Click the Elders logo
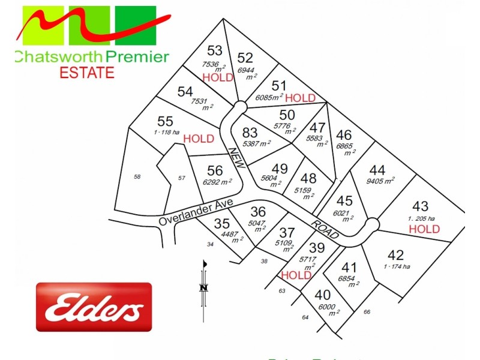[x=94, y=307]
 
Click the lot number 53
[x=214, y=50]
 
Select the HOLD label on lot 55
[x=199, y=139]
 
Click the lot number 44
[x=377, y=169]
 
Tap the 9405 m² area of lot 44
[x=381, y=181]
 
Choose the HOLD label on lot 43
[x=424, y=229]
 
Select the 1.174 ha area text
[x=397, y=266]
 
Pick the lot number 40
[x=322, y=295]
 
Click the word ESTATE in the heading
[x=86, y=73]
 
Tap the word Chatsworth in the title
[x=58, y=58]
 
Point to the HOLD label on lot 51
[x=301, y=97]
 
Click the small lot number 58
[x=137, y=176]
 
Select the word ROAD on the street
[x=325, y=228]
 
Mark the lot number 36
[x=258, y=211]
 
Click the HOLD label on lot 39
[x=296, y=275]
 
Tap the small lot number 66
[x=367, y=312]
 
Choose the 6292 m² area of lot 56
[x=218, y=182]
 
